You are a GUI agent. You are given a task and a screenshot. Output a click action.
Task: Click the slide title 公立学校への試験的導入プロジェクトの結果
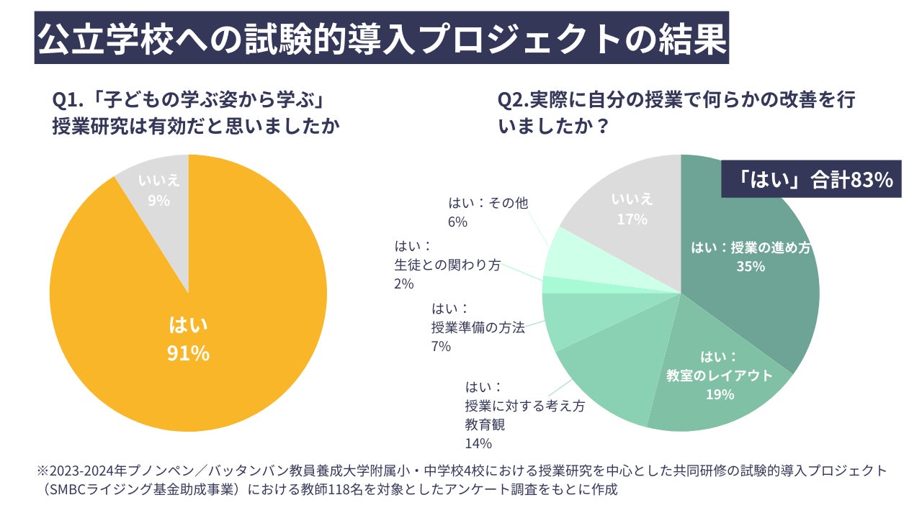coord(382,41)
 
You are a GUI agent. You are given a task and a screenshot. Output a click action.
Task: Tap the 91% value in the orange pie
coord(189,353)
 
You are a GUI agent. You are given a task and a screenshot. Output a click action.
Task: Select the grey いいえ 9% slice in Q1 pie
coord(159,191)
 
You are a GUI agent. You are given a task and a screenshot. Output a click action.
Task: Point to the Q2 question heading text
coord(676,113)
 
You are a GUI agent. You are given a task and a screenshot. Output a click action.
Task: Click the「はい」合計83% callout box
coord(811,179)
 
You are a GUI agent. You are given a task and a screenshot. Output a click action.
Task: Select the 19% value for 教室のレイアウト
coord(720,394)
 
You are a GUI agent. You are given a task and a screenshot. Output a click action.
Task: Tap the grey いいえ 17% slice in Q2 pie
coord(632,209)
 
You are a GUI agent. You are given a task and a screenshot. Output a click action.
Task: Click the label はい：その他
coord(488,204)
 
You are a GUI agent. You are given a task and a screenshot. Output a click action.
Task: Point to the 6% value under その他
coord(457,222)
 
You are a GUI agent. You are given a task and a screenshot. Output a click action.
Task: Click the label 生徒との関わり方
coord(447,265)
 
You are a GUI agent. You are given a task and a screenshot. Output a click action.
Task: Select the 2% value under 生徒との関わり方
coord(404,284)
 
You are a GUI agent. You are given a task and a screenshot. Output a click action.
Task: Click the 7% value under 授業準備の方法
coord(441,347)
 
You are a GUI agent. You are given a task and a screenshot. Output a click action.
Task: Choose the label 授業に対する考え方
coord(525,406)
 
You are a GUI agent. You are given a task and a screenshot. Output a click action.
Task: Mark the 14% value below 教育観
coord(478,443)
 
